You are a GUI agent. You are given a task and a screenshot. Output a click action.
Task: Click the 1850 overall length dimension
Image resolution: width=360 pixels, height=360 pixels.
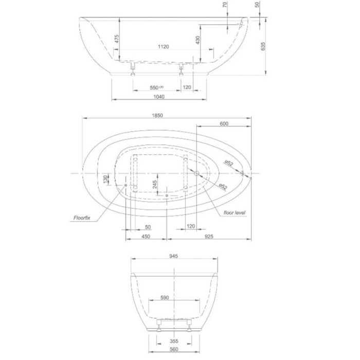157,115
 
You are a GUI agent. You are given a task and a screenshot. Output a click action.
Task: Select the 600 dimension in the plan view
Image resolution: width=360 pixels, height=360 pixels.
224,123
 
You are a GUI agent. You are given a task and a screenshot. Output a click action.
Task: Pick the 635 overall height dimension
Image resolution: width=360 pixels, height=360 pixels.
263,46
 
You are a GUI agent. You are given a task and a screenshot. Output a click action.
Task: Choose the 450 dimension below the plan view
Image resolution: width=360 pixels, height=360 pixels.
146,237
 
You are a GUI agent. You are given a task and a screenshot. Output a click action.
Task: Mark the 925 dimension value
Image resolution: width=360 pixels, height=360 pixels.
208,237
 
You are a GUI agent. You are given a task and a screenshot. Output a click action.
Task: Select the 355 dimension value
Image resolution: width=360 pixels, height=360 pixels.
174,341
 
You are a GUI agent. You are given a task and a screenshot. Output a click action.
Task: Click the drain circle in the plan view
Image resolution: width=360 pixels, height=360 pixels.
196,173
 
